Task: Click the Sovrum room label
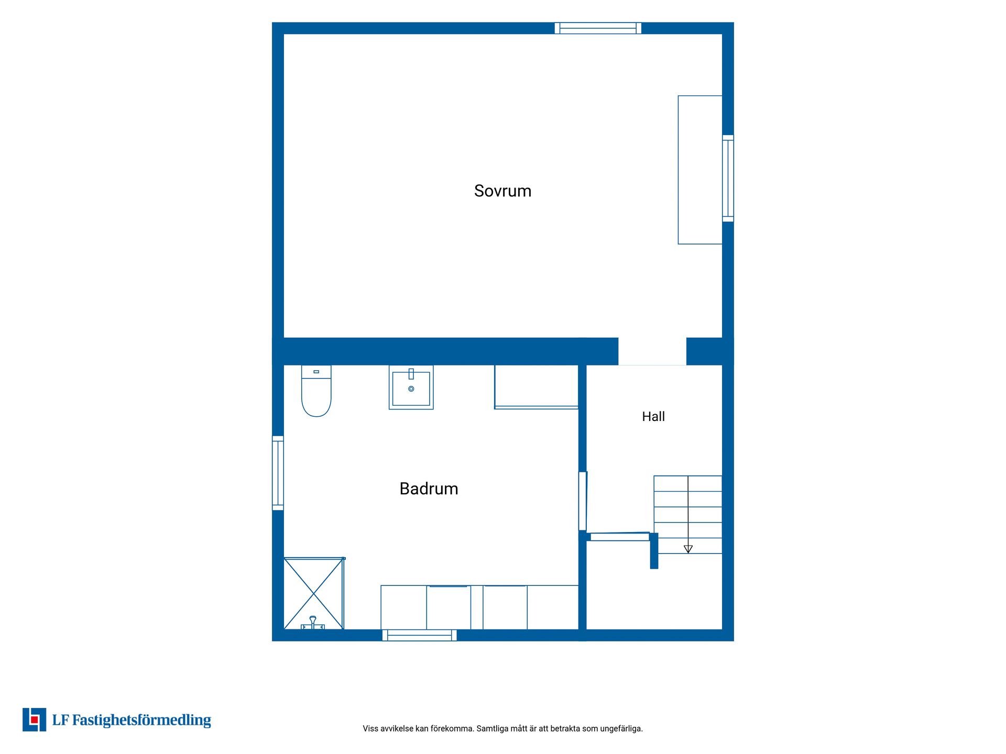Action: click(502, 191)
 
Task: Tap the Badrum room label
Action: click(429, 489)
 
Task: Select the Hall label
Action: click(653, 416)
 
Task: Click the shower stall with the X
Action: click(314, 593)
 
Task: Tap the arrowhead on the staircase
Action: click(688, 549)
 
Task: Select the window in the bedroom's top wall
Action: click(598, 28)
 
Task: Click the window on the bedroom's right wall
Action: click(728, 178)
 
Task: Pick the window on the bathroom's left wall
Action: click(278, 473)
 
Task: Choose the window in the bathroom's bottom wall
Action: click(419, 635)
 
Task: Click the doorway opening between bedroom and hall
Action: click(652, 351)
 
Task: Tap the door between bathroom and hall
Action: click(583, 501)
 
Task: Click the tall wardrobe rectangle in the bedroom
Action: click(700, 170)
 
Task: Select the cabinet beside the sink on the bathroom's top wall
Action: click(536, 386)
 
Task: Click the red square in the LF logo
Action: click(35, 719)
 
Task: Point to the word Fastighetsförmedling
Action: click(141, 720)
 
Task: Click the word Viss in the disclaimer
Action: click(370, 728)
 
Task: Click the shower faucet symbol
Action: click(313, 623)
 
